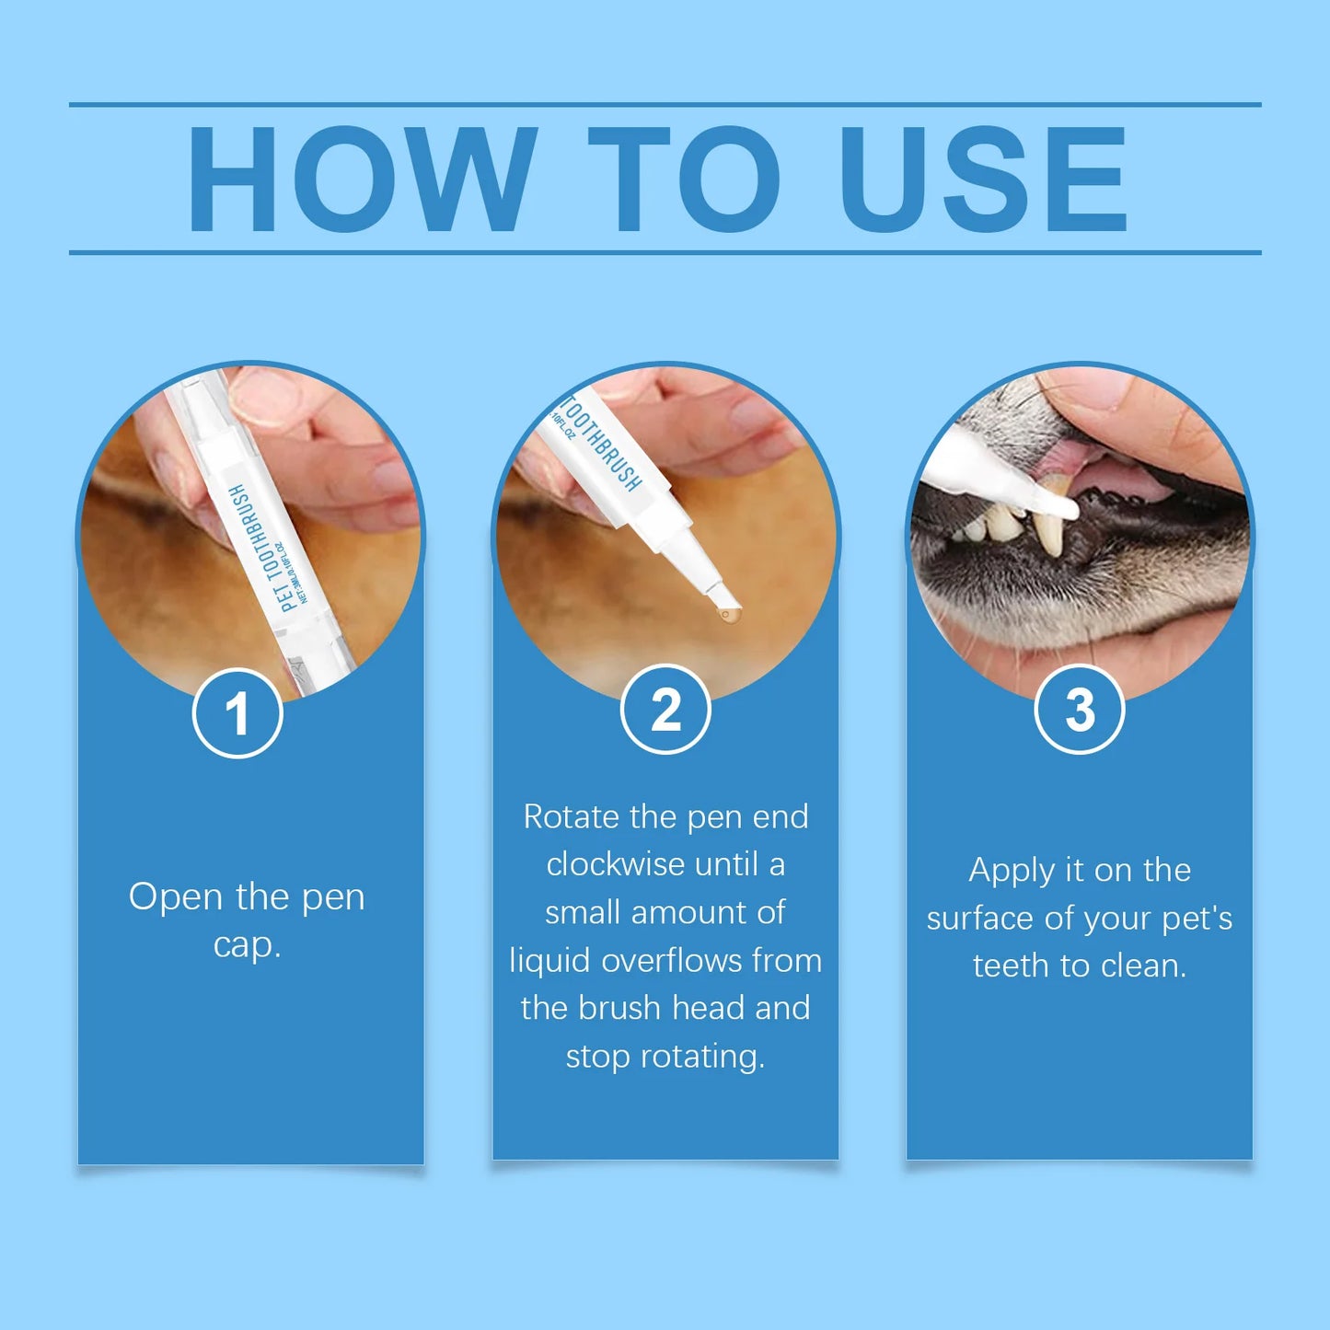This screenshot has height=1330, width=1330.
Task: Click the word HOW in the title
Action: click(362, 179)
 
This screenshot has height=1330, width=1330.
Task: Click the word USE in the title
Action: click(982, 179)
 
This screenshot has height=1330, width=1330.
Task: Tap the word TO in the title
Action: click(683, 179)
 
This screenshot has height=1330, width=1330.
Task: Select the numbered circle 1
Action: click(237, 713)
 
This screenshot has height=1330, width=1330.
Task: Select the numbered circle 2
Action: click(665, 710)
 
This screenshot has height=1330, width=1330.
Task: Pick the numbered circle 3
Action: click(1080, 710)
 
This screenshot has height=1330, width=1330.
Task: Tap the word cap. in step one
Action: click(247, 944)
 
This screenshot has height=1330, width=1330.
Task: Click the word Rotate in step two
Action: click(571, 816)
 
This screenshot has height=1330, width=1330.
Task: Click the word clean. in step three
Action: click(1143, 966)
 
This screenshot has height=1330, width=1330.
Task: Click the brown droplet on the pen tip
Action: click(727, 614)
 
